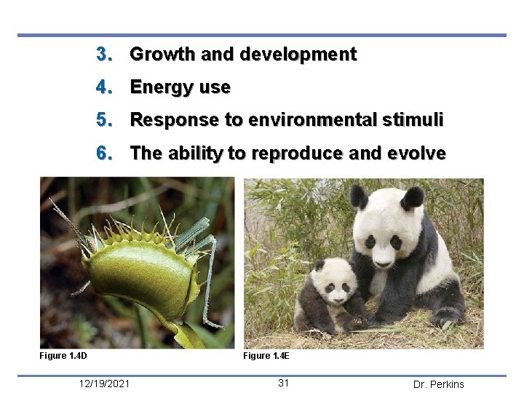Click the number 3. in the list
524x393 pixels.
pyautogui.click(x=105, y=55)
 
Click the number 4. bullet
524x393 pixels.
pyautogui.click(x=105, y=88)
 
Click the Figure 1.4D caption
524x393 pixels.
pyautogui.click(x=63, y=356)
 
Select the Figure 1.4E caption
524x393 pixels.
pyautogui.click(x=266, y=356)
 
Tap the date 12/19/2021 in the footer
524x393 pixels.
pyautogui.click(x=106, y=384)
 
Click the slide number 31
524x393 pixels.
pyautogui.click(x=285, y=384)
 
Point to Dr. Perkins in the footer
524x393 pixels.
pyautogui.click(x=438, y=384)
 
